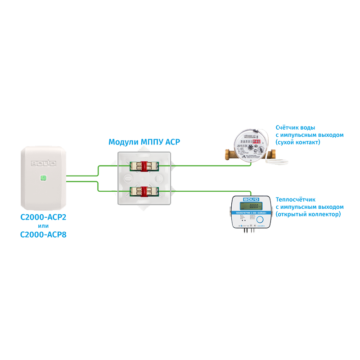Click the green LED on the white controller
[42, 178]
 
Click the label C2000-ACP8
[44, 234]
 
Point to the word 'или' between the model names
[44, 225]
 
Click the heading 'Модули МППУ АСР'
[144, 142]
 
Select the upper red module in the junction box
[144, 166]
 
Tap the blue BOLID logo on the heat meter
[250, 198]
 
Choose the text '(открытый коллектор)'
[308, 214]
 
